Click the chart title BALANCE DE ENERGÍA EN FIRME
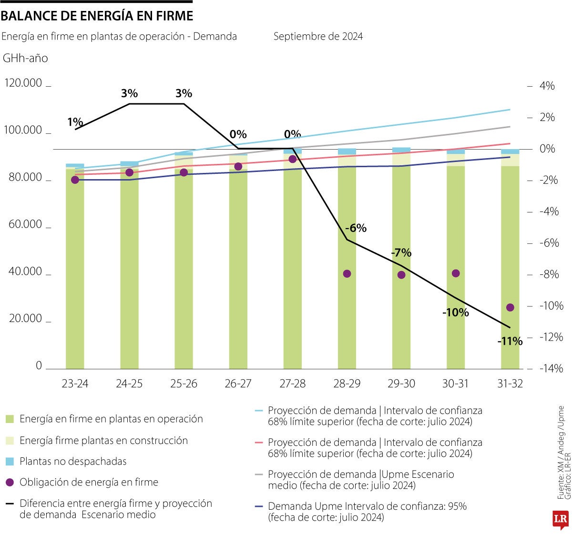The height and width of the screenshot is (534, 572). click(97, 16)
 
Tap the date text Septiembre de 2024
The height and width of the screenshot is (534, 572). click(318, 36)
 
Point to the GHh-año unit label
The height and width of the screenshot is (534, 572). click(25, 58)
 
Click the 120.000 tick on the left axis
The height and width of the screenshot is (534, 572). click(23, 83)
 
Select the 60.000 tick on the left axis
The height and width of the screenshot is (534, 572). click(25, 224)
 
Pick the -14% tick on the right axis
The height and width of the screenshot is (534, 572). click(551, 368)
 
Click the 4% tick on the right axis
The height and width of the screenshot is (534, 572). click(547, 86)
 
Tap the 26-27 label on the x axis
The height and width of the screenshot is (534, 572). click(238, 383)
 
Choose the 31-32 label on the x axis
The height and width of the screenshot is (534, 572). click(510, 383)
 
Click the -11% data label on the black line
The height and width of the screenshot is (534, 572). click(510, 342)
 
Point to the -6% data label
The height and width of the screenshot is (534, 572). click(356, 228)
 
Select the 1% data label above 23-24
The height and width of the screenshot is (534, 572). click(75, 122)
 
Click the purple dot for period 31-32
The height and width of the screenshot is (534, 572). click(510, 307)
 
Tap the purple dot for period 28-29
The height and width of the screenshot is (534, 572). click(347, 273)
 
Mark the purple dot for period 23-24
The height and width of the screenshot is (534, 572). click(75, 180)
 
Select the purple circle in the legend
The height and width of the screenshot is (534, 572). click(10, 482)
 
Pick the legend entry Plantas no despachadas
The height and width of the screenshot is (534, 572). click(73, 461)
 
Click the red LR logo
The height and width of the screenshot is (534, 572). click(561, 520)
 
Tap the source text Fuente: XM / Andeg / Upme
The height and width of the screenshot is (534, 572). click(561, 453)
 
